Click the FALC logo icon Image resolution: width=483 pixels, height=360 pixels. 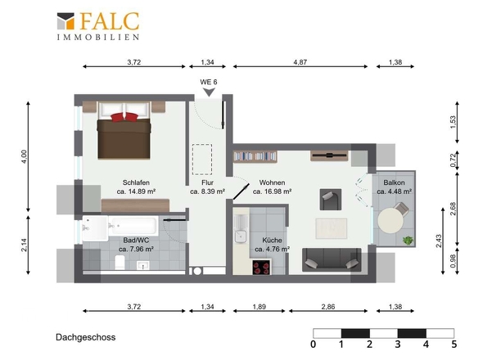point(65,21)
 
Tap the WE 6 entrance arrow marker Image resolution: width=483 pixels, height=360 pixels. point(209,92)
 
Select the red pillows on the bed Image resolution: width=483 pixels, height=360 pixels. point(124,117)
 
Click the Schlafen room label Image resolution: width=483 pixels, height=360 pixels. point(136,182)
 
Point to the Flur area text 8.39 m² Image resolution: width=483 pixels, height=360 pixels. point(207,191)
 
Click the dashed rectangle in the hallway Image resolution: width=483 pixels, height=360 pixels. point(202,160)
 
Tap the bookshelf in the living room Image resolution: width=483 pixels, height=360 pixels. point(255,156)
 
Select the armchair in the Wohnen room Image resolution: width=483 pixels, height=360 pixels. point(331,200)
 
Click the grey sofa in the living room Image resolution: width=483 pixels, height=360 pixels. point(332,259)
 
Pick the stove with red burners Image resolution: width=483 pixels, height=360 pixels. point(261,267)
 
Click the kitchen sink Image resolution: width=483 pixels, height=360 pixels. point(240,236)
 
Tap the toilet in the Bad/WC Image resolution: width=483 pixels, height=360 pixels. point(120,262)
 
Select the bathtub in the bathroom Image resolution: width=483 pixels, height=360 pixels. point(133,226)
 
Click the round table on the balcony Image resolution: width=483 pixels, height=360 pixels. point(390,220)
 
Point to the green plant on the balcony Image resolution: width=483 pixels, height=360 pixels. point(409,240)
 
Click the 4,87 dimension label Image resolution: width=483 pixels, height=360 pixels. point(300,62)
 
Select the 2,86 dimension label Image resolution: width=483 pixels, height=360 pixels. point(328,307)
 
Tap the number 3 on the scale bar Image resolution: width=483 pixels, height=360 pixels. point(398,344)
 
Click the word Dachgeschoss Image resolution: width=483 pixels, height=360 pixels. point(86,338)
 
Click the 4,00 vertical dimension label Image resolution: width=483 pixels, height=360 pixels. point(25,156)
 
